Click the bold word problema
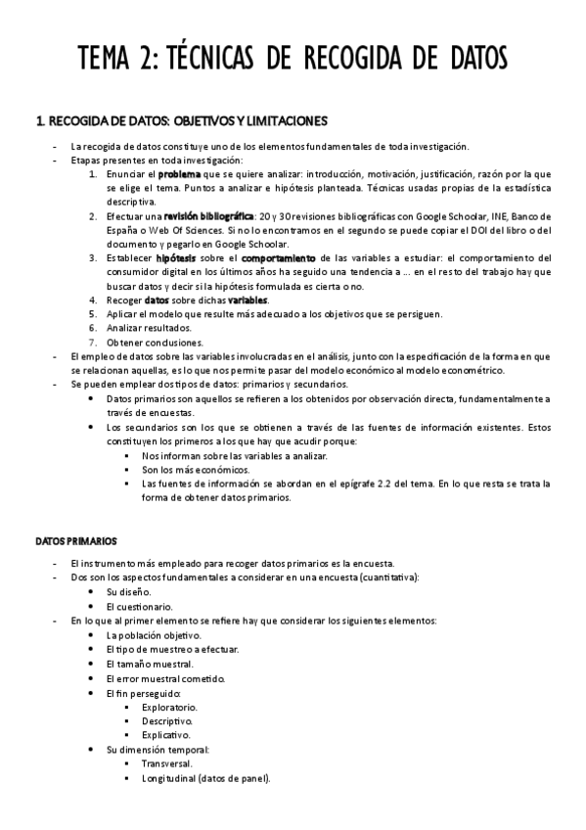180,173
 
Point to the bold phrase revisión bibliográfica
207,215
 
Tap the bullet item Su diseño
128,592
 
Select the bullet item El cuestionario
137,607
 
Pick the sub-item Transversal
167,763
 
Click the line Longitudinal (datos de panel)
205,778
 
